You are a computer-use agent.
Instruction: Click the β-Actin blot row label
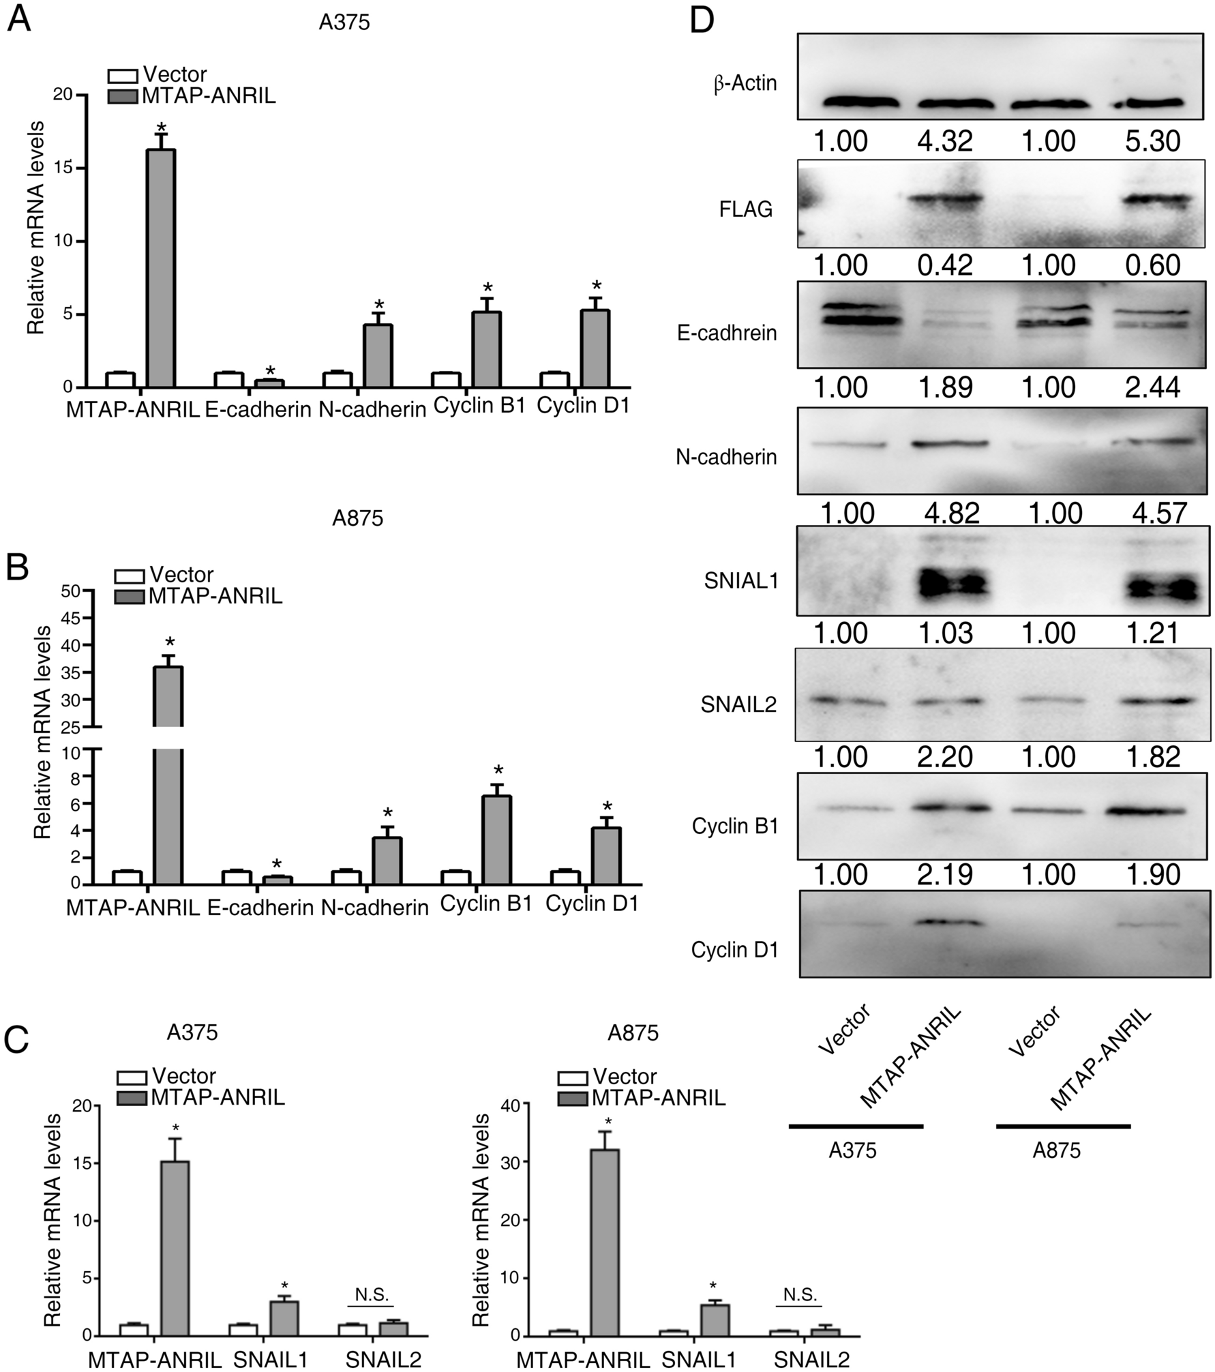coord(745,84)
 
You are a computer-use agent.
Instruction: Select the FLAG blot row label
coord(746,209)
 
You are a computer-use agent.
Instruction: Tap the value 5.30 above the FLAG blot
coord(1154,142)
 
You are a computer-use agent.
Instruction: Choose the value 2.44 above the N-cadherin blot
coord(1154,388)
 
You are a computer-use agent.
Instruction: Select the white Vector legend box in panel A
coord(123,75)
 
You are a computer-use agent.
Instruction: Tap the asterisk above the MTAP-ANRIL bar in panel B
coord(170,643)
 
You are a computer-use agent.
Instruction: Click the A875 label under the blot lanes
coord(1057,1151)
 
